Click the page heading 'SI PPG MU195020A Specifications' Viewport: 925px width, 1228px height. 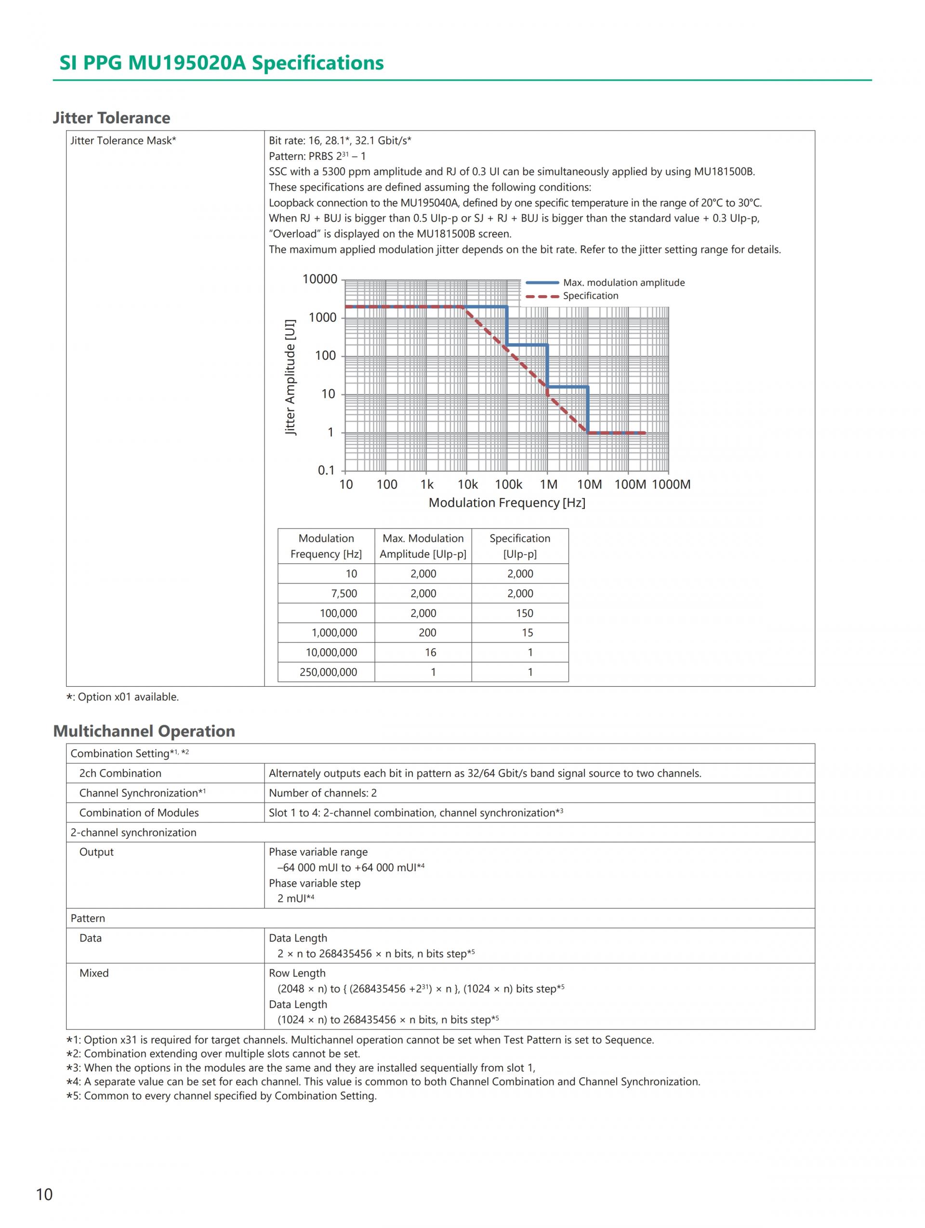point(221,63)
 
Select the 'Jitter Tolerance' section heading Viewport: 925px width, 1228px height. point(112,118)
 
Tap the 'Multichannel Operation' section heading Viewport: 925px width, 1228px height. point(144,731)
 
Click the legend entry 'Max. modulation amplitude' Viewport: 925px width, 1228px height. point(623,283)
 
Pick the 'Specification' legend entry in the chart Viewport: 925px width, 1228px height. point(590,296)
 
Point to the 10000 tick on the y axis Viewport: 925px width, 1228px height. point(320,279)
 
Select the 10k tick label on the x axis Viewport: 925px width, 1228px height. point(467,484)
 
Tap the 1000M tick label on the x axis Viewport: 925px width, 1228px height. point(671,484)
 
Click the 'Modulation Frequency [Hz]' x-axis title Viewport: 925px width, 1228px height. point(506,502)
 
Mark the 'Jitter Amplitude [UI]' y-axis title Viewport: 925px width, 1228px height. point(290,377)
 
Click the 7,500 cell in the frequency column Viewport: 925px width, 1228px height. point(344,593)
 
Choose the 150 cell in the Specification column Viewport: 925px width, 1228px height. point(524,613)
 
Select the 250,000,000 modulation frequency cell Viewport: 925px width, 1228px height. point(328,672)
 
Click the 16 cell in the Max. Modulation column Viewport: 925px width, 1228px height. point(430,653)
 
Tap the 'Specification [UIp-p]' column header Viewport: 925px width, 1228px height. point(520,546)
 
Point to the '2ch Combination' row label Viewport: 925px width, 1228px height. point(120,773)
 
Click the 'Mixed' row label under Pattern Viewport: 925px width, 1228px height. point(94,973)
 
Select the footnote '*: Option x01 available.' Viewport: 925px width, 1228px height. point(123,697)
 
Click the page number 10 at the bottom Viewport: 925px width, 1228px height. point(44,1194)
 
